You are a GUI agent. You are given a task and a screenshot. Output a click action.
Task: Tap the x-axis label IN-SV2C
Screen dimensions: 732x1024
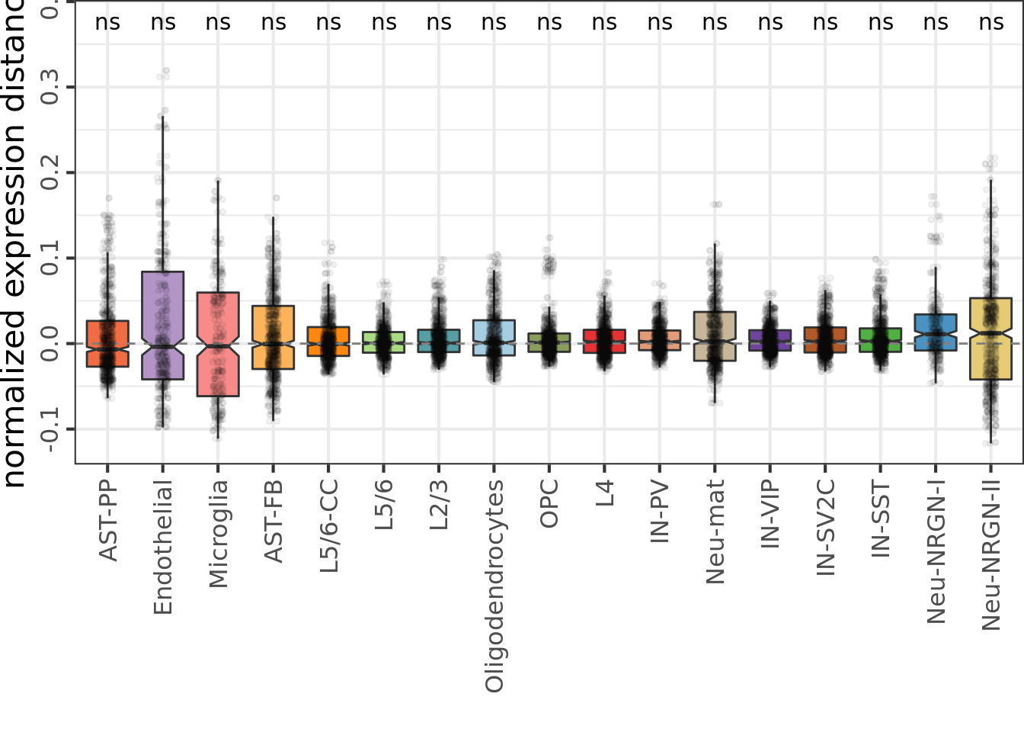[x=826, y=527]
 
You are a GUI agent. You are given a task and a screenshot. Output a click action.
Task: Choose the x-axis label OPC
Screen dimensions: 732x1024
[x=549, y=503]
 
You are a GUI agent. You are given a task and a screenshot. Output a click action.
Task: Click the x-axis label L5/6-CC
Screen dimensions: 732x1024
[x=328, y=526]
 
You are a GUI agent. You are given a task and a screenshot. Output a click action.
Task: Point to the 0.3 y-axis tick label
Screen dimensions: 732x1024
[x=50, y=87]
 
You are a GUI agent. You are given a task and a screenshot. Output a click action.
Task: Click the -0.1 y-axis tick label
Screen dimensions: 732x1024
[x=50, y=429]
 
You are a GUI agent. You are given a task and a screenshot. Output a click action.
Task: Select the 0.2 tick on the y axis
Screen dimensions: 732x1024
[x=50, y=173]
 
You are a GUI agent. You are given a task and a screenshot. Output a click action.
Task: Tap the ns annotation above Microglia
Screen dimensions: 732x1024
[x=218, y=23]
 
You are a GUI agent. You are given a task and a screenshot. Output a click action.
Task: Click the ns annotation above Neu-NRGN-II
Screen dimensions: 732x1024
[x=990, y=23]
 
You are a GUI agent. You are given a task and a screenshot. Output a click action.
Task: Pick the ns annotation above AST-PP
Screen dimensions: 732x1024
[x=107, y=23]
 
